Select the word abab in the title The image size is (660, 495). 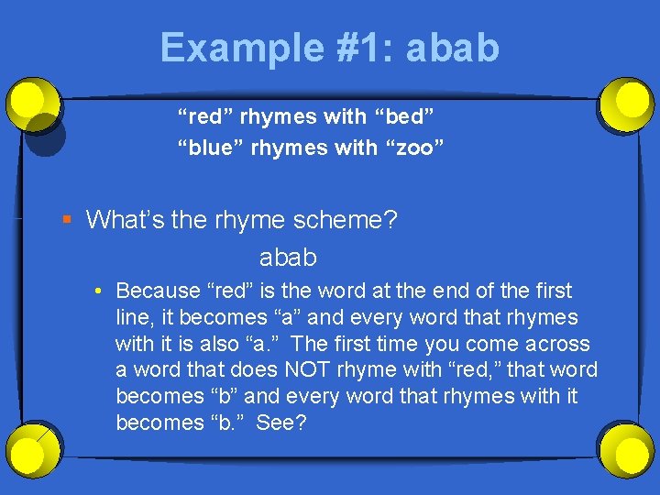point(453,47)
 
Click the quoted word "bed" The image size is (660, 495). point(404,116)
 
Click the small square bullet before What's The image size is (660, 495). point(65,220)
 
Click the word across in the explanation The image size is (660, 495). point(558,344)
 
